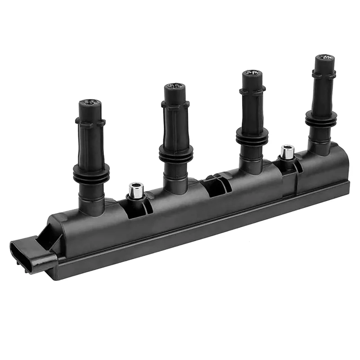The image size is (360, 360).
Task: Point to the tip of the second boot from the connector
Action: tap(174, 89)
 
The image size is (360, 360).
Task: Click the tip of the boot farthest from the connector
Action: tap(324, 59)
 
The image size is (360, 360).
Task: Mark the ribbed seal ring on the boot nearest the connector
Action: tap(91, 173)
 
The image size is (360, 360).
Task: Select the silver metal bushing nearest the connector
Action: tap(135, 190)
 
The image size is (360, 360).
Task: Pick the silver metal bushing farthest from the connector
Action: tap(286, 152)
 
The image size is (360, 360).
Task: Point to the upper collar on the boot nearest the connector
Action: tap(90, 122)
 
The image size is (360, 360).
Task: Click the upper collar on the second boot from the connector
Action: tap(175, 105)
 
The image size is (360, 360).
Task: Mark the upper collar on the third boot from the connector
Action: tap(252, 91)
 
